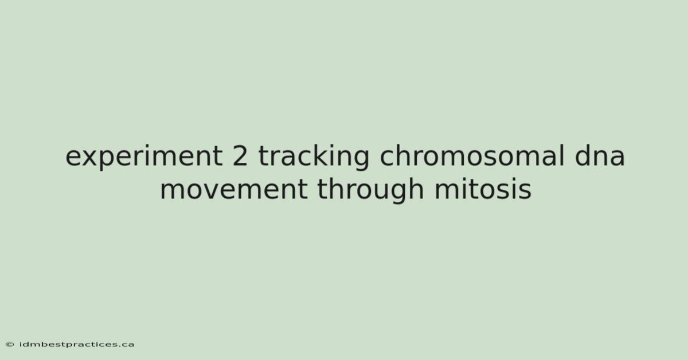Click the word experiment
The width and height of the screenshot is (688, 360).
coord(144,156)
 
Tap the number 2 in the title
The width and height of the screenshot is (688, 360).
coord(240,155)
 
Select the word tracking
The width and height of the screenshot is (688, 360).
coord(314,156)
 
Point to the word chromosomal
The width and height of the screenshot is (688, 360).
coord(472,155)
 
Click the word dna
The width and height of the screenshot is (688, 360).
coord(600,155)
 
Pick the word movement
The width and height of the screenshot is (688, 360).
coord(234,189)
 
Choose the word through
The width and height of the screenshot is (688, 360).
coord(370,190)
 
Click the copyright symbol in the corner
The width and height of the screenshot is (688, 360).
coord(10,345)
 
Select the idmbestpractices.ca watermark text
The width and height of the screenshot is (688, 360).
coord(77,345)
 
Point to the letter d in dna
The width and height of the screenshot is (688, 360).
coord(583,155)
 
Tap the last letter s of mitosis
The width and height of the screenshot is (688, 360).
coord(525,192)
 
